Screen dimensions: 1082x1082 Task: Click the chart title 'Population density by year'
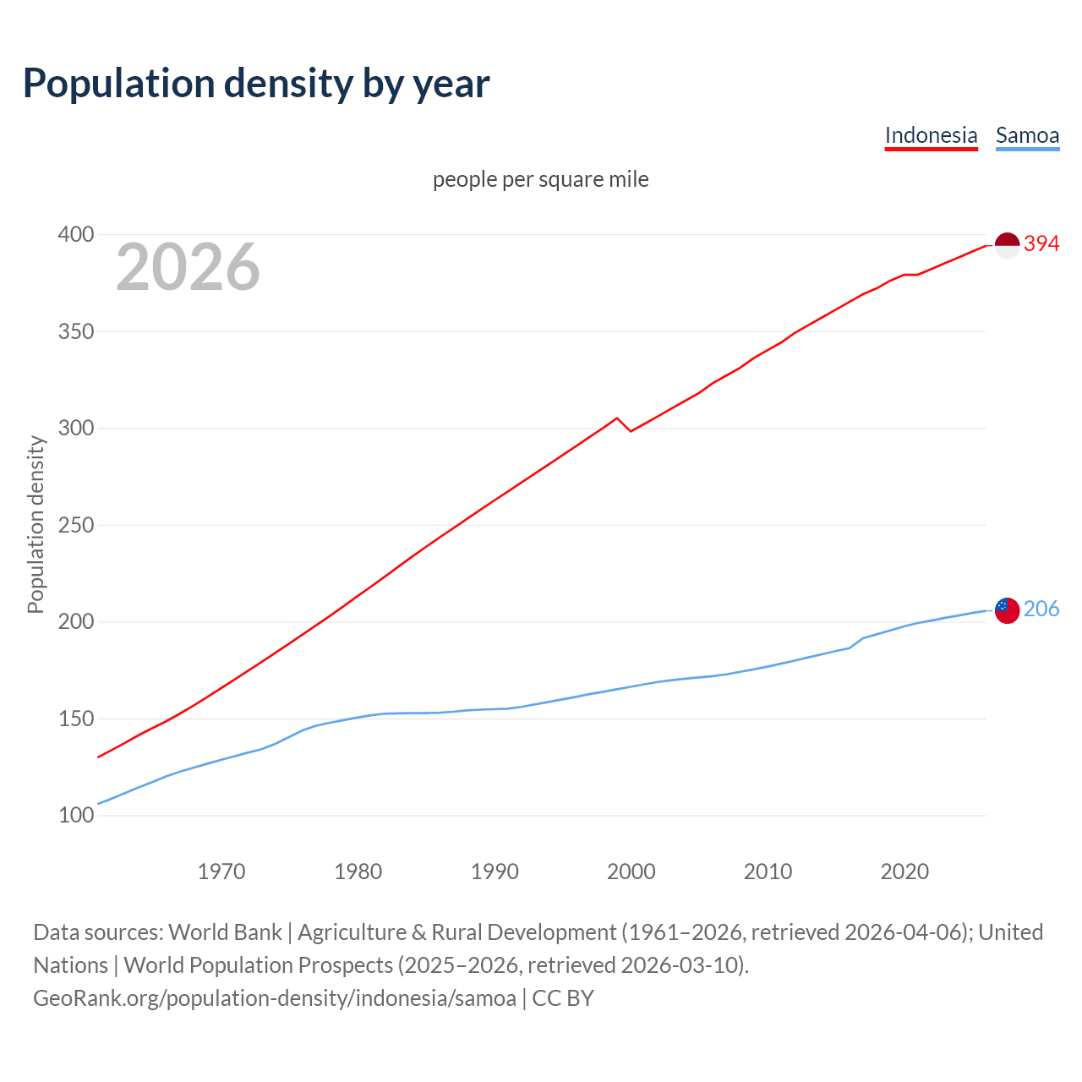tap(256, 84)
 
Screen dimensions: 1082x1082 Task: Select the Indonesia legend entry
tap(931, 135)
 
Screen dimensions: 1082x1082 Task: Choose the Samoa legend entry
tap(1027, 135)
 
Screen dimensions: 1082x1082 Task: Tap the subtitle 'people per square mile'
tap(541, 179)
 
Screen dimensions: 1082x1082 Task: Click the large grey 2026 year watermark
tap(188, 267)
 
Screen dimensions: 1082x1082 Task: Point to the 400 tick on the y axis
tap(75, 235)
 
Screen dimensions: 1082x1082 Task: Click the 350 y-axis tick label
tap(75, 331)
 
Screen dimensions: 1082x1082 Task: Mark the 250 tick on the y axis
tap(75, 525)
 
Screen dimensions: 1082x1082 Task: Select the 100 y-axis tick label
tap(75, 816)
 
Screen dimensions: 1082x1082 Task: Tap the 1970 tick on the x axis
tap(221, 872)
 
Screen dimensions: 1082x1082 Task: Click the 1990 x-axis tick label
tap(495, 872)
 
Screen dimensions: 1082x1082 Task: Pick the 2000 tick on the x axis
tap(631, 872)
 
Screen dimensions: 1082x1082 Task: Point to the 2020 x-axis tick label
tap(904, 872)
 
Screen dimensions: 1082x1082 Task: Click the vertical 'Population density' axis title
tap(36, 524)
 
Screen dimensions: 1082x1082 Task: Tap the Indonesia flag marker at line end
tap(1007, 245)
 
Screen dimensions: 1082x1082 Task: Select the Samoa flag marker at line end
tap(1007, 609)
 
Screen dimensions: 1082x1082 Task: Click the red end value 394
tap(1041, 244)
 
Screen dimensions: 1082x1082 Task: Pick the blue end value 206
tap(1041, 609)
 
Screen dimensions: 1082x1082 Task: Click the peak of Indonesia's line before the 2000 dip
tap(617, 418)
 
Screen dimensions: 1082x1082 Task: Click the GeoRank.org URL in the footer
tap(275, 998)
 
